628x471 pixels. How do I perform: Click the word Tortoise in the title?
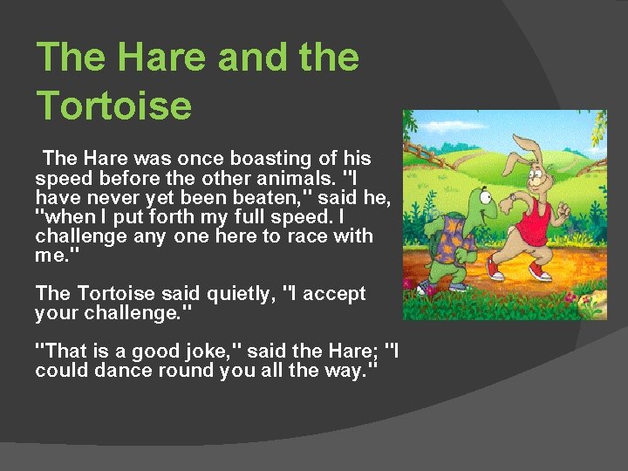tap(114, 105)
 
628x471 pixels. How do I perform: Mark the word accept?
tap(332, 294)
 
